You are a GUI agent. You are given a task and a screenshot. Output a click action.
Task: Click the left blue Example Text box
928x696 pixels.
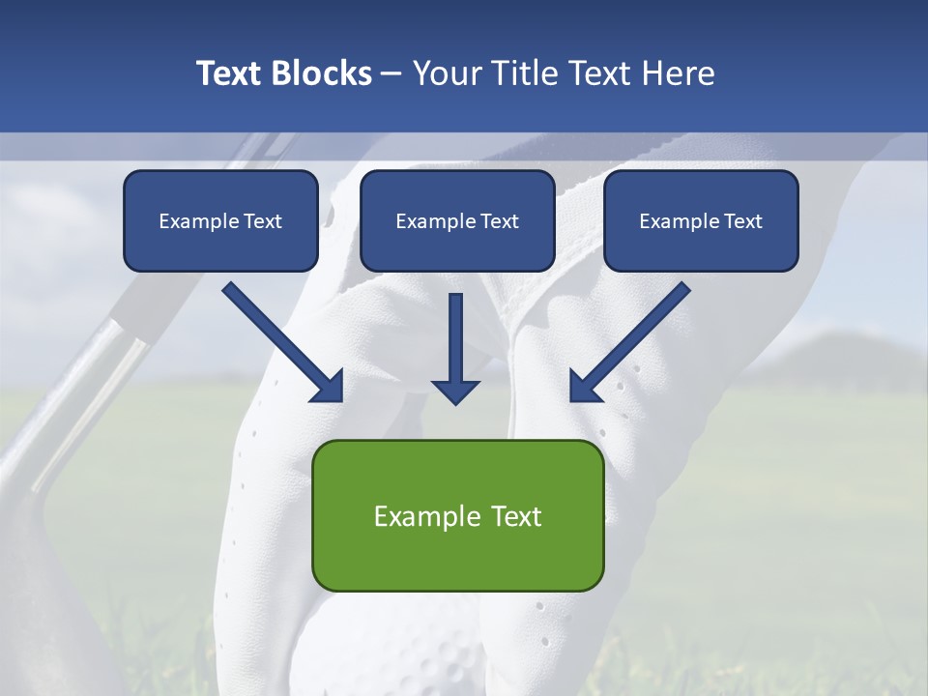[x=220, y=221]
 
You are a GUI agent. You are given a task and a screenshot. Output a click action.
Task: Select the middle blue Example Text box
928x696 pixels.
[x=457, y=221]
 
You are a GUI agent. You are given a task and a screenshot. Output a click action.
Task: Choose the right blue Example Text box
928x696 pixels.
[x=701, y=221]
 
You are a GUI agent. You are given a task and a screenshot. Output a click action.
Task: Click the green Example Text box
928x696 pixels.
[x=457, y=515]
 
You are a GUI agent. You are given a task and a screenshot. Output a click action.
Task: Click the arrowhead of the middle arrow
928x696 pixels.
[x=455, y=391]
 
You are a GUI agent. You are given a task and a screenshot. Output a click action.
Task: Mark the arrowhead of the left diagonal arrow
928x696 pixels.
[x=329, y=387]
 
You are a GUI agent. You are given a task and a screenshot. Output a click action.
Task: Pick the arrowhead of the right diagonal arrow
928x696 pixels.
[x=584, y=387]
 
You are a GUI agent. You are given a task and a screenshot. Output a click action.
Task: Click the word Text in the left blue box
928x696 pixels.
[x=263, y=221]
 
